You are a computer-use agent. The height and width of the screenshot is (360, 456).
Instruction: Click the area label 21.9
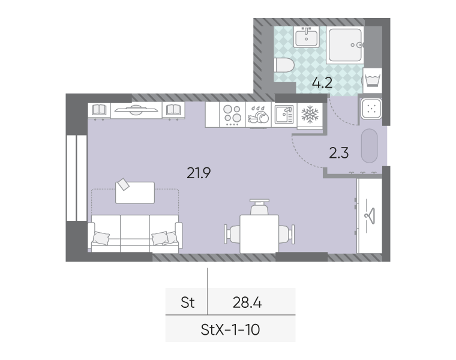point(199,173)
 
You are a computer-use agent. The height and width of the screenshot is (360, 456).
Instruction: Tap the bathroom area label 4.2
point(322,83)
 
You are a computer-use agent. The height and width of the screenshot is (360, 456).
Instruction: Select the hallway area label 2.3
point(339,153)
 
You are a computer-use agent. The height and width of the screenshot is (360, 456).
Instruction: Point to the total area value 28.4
point(247,302)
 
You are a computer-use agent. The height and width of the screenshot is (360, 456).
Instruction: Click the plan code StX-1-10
point(230,330)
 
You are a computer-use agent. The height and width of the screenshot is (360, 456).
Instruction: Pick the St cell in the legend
point(188,302)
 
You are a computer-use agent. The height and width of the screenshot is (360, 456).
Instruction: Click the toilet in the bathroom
point(284,65)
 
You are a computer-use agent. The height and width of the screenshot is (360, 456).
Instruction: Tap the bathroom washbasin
point(306,37)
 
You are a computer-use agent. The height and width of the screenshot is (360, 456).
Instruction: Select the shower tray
point(345,45)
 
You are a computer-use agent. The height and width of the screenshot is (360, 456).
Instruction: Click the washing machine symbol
point(373,80)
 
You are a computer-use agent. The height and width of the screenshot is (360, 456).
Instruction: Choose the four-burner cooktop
point(232,115)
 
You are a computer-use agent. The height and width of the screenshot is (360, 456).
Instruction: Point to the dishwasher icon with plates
point(258,115)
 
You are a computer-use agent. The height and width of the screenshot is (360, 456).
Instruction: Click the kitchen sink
point(284,115)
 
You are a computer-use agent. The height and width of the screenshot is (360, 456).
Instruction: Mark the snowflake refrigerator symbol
point(310,115)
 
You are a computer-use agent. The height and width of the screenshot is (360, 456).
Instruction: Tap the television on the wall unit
point(136,110)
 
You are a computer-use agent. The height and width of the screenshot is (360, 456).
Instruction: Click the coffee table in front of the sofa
point(135,193)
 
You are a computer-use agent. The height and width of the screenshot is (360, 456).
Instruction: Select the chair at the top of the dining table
point(259,207)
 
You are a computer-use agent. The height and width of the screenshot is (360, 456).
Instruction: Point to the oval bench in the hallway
point(370,146)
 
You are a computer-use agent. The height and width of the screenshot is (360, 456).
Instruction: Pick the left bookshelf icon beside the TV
point(99,110)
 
